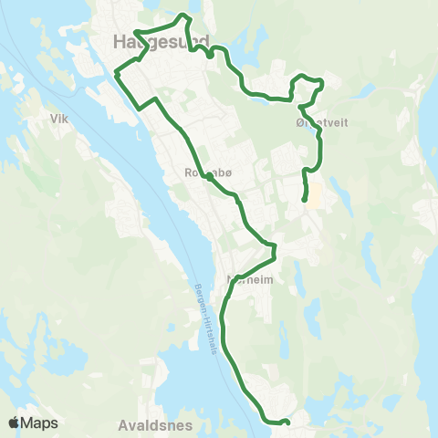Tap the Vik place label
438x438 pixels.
(61, 118)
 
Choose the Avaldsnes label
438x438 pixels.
(146, 425)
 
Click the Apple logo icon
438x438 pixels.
(16, 422)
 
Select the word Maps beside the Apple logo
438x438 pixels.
(41, 422)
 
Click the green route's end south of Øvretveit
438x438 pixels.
(304, 198)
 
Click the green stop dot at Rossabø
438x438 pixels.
(209, 179)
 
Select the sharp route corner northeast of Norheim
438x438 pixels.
(274, 245)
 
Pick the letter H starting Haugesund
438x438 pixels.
(120, 41)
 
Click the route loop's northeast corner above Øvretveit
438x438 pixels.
(321, 82)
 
